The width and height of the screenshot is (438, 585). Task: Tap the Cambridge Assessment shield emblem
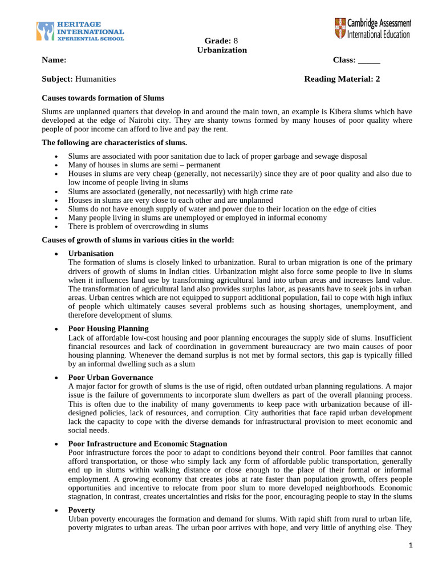pos(341,29)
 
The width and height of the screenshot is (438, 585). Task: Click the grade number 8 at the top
pos(236,41)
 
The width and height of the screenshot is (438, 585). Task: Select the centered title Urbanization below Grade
pos(222,50)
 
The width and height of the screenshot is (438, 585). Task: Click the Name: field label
pos(54,60)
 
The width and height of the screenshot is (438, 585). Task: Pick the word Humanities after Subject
pos(95,79)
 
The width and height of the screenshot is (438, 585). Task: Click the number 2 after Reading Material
pos(377,79)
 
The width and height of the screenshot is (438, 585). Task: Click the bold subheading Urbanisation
pos(91,253)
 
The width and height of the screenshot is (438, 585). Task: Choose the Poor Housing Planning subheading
pos(108,328)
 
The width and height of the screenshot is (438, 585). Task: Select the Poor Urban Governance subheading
pos(111,378)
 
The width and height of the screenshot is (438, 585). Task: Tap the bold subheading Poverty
pos(82,510)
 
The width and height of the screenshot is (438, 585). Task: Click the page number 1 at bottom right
pos(409,545)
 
